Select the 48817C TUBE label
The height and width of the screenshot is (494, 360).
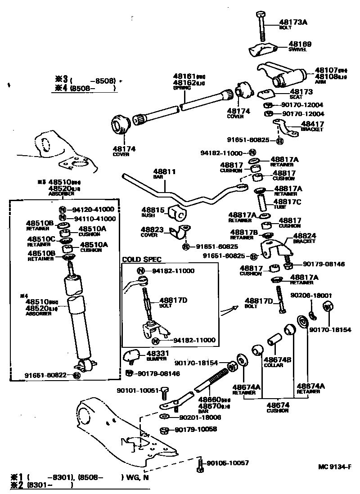pyautogui.click(x=287, y=203)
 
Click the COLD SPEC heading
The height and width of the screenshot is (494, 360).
pyautogui.click(x=141, y=260)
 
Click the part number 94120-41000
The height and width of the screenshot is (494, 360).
pyautogui.click(x=94, y=209)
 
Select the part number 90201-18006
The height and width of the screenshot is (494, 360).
pyautogui.click(x=200, y=418)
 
